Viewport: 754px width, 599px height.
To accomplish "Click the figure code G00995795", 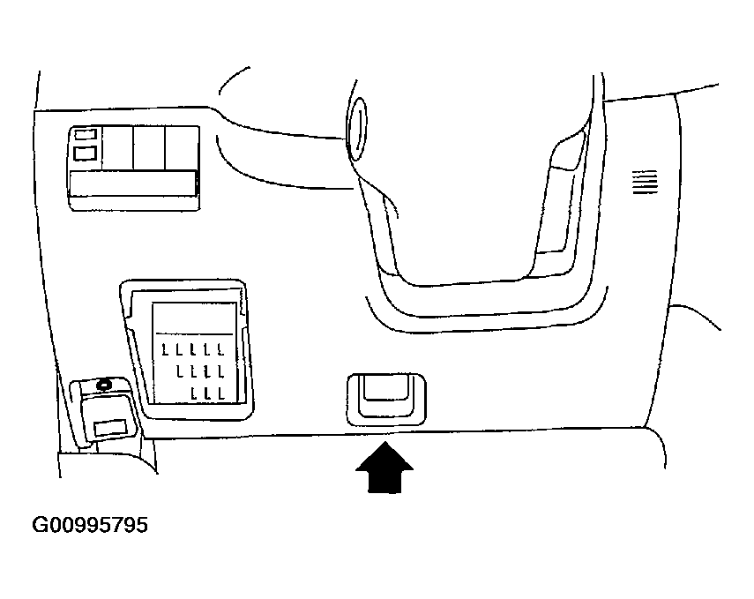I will [x=90, y=526].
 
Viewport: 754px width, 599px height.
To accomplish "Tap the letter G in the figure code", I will [x=41, y=526].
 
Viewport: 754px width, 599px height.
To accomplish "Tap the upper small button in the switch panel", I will [x=86, y=135].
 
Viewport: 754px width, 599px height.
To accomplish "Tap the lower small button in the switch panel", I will [x=86, y=153].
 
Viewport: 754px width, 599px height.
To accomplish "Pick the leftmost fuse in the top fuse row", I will [x=164, y=349].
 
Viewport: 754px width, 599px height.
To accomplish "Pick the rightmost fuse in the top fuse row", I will [x=217, y=349].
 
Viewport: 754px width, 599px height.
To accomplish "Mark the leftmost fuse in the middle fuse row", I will [x=179, y=370].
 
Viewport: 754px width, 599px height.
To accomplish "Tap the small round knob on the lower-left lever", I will [x=104, y=384].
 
